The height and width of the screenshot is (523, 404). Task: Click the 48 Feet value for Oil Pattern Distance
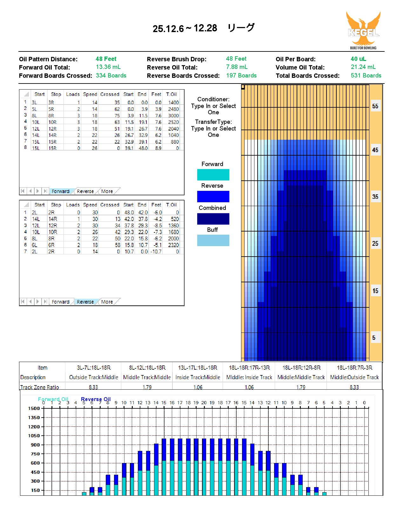[106, 59]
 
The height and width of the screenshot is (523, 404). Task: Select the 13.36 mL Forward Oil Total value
[108, 67]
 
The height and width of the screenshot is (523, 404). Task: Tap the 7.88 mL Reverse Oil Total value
[237, 67]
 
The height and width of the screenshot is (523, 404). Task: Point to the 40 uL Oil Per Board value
[358, 59]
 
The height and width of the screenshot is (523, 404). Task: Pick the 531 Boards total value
[366, 76]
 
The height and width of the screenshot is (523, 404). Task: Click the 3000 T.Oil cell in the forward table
[173, 116]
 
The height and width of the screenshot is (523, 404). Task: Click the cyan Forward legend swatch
[213, 175]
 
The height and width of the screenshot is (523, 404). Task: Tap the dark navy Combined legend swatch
[213, 219]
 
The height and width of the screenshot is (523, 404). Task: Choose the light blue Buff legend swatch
[213, 240]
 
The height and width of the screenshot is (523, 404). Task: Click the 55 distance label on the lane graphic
[375, 106]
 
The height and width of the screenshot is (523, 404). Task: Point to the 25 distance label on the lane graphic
[375, 244]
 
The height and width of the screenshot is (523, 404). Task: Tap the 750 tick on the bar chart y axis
[35, 454]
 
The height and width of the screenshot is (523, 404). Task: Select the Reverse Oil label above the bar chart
[96, 399]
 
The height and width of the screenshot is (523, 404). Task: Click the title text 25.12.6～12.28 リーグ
[204, 28]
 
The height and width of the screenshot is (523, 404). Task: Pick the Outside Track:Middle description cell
[93, 377]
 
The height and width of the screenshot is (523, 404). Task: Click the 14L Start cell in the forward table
[36, 135]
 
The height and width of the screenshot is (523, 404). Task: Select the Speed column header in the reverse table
[90, 205]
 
